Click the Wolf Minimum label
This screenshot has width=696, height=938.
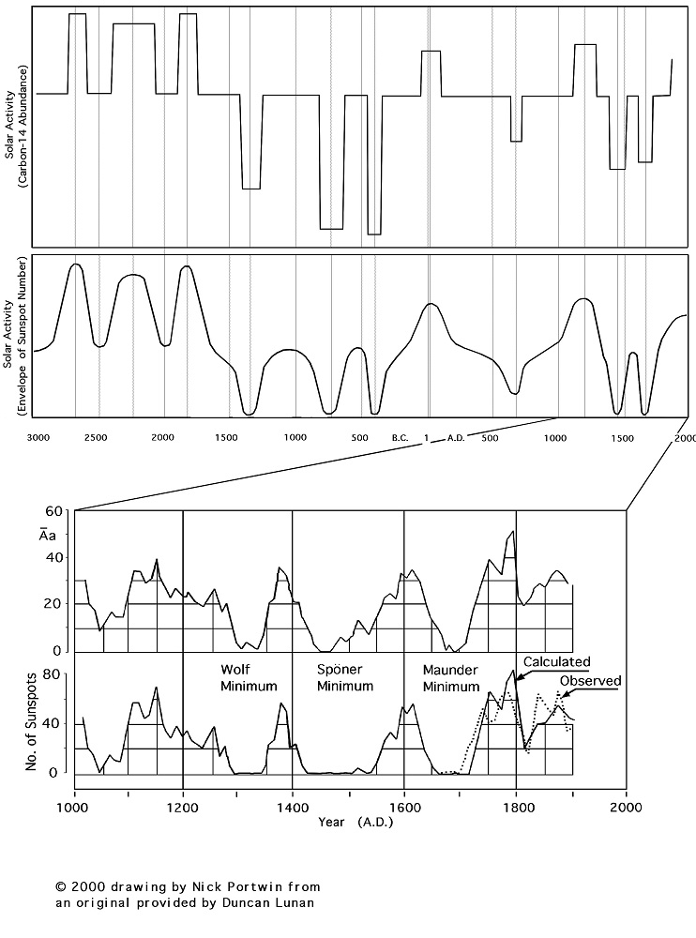click(x=249, y=678)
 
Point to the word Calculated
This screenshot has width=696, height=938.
click(x=556, y=661)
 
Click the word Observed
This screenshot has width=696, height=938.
click(x=591, y=680)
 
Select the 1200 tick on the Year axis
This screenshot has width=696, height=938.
click(x=183, y=805)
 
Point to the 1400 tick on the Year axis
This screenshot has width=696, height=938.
click(x=294, y=805)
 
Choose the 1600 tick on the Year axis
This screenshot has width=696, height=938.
click(x=404, y=805)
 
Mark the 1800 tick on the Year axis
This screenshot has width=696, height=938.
click(x=516, y=805)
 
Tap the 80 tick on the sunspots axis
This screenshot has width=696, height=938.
click(x=53, y=674)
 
